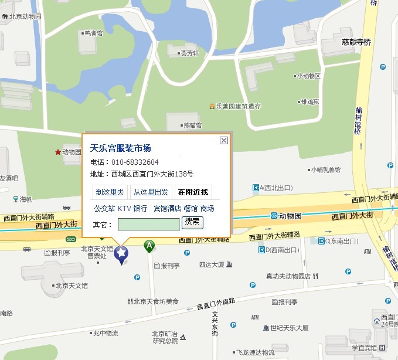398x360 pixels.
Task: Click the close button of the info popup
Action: pyautogui.click(x=223, y=140)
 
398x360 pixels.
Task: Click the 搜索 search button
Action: pyautogui.click(x=192, y=222)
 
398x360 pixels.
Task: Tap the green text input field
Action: pyautogui.click(x=148, y=224)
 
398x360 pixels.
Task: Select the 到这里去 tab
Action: pyautogui.click(x=110, y=192)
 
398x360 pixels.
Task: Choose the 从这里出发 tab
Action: pyautogui.click(x=150, y=192)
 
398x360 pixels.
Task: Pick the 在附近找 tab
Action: pyautogui.click(x=193, y=192)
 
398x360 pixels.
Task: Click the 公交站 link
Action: pyautogui.click(x=104, y=208)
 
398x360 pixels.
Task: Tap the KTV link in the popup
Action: pyautogui.click(x=124, y=208)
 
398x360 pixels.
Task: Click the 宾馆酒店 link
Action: pyautogui.click(x=167, y=208)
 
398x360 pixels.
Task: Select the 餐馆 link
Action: pyautogui.click(x=191, y=208)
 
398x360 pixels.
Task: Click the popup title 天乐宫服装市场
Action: pyautogui.click(x=120, y=148)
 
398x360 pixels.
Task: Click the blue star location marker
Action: pyautogui.click(x=121, y=254)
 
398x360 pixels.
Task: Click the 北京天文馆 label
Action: pyautogui.click(x=72, y=286)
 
